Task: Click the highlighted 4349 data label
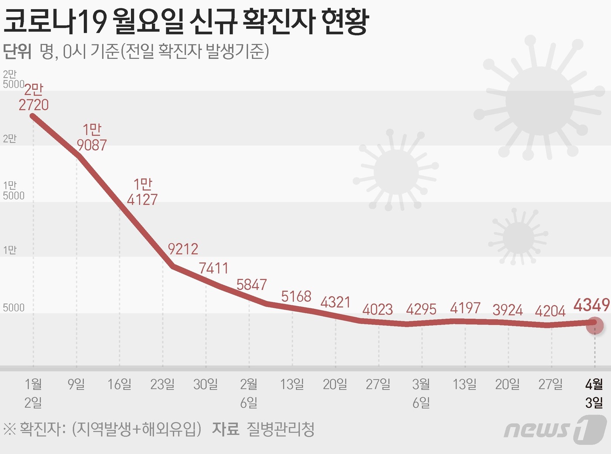[591, 305]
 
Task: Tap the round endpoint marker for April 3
[594, 325]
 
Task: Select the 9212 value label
[183, 249]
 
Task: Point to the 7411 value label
[213, 268]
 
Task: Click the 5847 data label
[251, 285]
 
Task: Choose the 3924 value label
[508, 310]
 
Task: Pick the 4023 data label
[378, 310]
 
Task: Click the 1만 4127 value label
[142, 192]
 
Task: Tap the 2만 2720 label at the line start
[34, 97]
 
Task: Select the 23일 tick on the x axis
[162, 384]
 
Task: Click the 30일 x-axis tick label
[206, 384]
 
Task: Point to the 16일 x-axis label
[120, 384]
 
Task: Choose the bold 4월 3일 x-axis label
[594, 393]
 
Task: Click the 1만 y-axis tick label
[10, 250]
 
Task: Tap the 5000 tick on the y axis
[14, 308]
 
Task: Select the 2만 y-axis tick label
[10, 139]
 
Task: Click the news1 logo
[555, 429]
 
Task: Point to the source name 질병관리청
[280, 430]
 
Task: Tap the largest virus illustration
[539, 101]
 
